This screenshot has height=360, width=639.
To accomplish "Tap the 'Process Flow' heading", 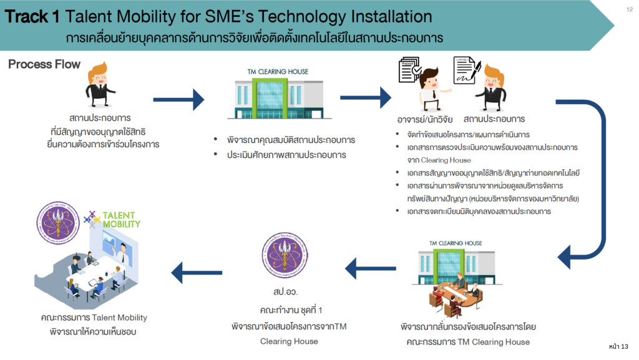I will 44,64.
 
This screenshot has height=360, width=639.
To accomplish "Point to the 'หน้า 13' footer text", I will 618,346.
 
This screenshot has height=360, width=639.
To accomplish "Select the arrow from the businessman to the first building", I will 178,99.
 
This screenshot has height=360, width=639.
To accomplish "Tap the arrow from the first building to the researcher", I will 366,98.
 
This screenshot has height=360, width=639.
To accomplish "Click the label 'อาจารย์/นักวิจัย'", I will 424,119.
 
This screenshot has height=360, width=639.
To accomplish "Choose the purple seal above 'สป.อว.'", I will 285,255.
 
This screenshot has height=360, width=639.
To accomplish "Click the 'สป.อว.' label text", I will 284,292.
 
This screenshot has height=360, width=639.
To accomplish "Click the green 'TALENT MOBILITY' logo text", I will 122,219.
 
